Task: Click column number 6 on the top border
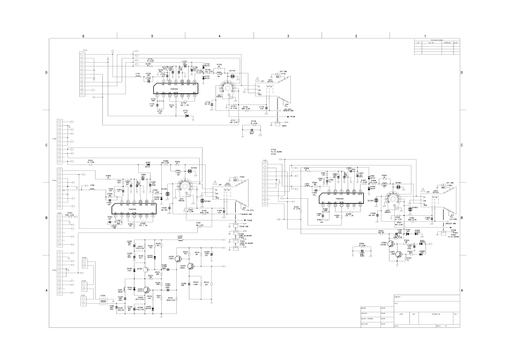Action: coord(84,35)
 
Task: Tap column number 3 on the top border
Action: coord(288,35)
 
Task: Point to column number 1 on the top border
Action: coord(425,35)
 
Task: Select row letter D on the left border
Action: coord(47,72)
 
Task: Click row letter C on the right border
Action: coord(461,146)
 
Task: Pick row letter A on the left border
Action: coord(47,290)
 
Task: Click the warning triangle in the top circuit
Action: coord(258,79)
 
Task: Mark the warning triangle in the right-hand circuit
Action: coord(423,189)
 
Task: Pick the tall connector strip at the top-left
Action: coord(81,74)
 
